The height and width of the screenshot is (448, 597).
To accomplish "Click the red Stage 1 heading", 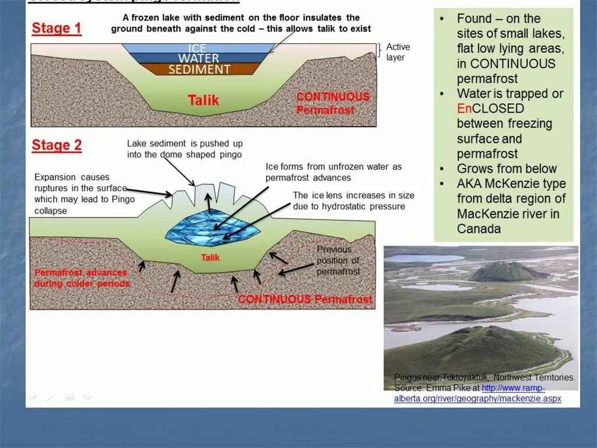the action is pos(57,29).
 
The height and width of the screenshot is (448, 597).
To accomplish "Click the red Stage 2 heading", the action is pos(57,145).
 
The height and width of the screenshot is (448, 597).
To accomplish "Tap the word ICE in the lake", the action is pos(198,48).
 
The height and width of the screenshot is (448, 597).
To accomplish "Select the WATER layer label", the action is pos(198,58).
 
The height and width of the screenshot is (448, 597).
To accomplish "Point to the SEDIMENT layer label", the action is pos(199,69).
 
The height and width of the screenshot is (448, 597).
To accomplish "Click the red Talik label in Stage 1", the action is pos(203,100).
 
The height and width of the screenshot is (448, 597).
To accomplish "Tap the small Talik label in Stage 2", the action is pos(210,257).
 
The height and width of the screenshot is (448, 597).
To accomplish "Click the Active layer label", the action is pos(398,52).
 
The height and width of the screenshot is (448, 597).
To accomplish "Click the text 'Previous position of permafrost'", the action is pos(338,260).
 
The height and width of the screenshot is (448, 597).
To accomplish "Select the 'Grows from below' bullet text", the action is pos(507,169).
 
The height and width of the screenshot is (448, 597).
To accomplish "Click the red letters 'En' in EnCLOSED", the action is pos(464,108).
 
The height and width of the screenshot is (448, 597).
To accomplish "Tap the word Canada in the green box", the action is pos(479,229).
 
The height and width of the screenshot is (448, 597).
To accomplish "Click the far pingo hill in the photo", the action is pos(506,271).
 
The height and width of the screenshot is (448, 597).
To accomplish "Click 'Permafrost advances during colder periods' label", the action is pos(82,278).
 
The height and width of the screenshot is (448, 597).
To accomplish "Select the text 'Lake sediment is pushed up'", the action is pos(185,143).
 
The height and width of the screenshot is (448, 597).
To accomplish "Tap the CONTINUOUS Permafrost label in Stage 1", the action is pos(333,103).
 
